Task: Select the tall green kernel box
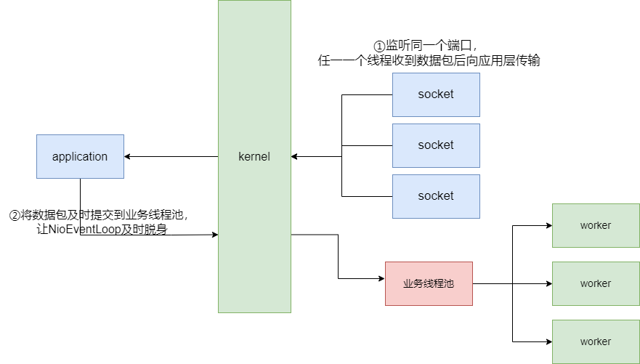pos(254,218)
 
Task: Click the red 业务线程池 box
pos(429,283)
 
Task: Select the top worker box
pos(596,225)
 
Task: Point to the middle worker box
pos(596,283)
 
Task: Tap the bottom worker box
pos(596,341)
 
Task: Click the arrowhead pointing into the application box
pos(128,156)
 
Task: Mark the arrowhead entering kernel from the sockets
pos(295,156)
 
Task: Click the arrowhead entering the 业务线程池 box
pos(381,278)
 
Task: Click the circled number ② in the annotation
pos(14,215)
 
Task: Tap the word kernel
pos(254,156)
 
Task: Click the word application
pos(80,156)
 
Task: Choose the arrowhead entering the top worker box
pos(548,225)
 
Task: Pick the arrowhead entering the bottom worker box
pos(548,341)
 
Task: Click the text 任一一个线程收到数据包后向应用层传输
pos(429,61)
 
